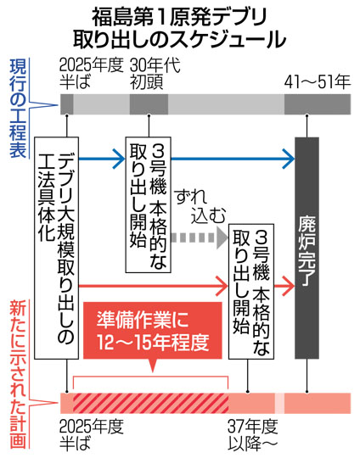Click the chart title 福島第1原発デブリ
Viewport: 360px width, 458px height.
[x=179, y=18]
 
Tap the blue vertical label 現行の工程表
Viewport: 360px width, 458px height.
[x=18, y=109]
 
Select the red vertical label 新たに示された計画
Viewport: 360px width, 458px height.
[x=18, y=376]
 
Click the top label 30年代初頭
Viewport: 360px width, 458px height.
[x=155, y=74]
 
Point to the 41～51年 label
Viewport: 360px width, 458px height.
[x=318, y=81]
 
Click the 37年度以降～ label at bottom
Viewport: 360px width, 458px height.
[x=253, y=435]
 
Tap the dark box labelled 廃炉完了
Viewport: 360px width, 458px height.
[x=307, y=248]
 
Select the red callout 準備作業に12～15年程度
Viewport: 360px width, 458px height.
[x=153, y=334]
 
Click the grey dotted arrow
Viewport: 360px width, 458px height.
[x=200, y=237]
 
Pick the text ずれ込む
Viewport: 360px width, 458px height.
[x=200, y=207]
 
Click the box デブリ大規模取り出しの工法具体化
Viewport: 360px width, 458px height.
[x=57, y=248]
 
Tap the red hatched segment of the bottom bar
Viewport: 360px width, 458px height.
[x=150, y=403]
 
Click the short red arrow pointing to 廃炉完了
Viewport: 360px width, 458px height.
[x=284, y=286]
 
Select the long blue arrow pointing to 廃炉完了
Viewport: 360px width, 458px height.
[x=233, y=159]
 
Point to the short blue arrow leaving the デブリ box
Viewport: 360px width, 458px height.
[x=102, y=159]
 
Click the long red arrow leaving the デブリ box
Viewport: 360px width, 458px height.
[x=154, y=286]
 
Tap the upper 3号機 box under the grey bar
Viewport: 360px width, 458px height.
[x=149, y=204]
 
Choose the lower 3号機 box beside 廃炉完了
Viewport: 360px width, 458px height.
[x=251, y=292]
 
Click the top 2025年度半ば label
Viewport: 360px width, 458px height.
[x=91, y=74]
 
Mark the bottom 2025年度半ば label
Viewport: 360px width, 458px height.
[x=91, y=435]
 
